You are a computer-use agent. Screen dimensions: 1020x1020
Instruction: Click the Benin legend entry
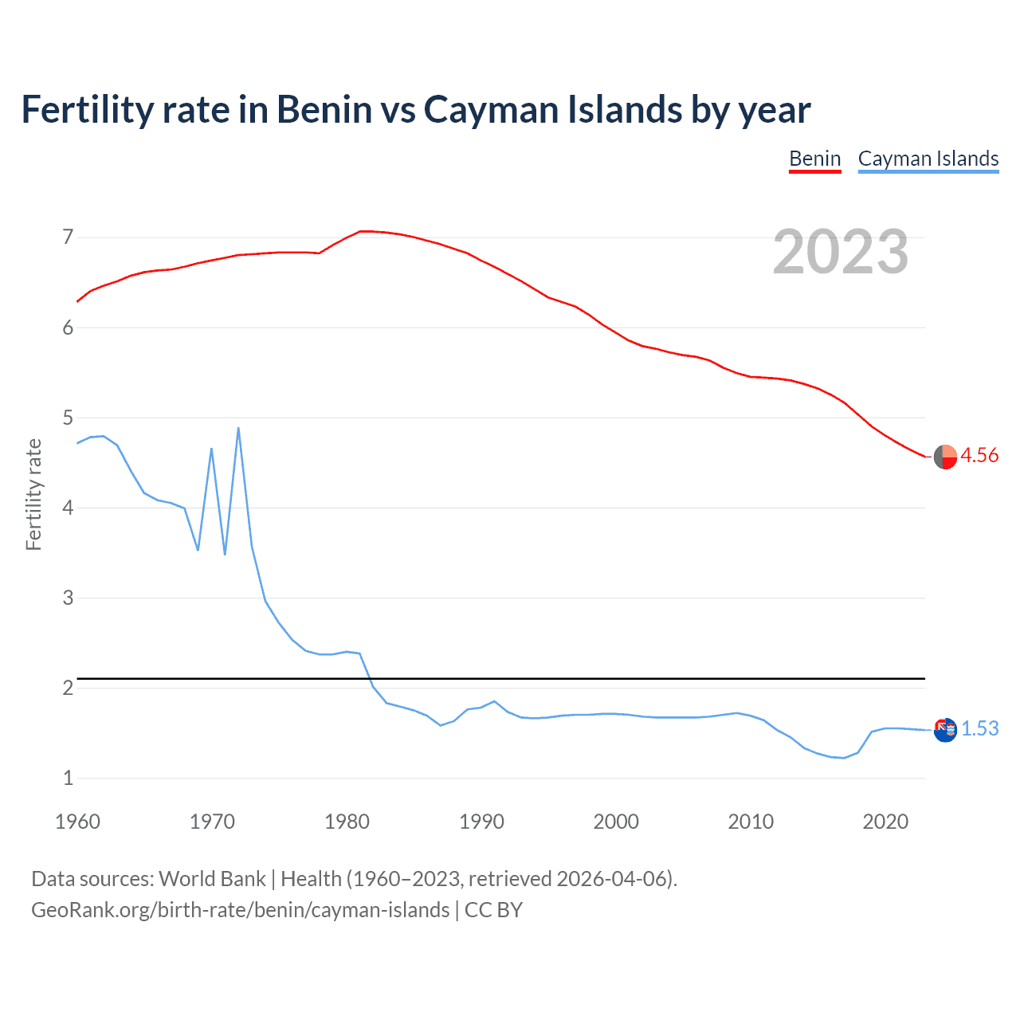pos(814,159)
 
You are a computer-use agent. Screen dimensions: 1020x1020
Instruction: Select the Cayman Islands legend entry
pos(928,159)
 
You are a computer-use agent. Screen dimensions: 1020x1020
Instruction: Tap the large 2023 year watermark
pos(840,252)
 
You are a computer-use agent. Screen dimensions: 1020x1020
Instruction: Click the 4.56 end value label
pos(979,455)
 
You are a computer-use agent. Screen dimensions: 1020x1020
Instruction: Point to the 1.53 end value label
pos(979,728)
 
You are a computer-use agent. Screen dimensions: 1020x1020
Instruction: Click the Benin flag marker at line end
pos(945,457)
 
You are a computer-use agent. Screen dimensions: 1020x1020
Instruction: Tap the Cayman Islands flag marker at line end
pos(945,729)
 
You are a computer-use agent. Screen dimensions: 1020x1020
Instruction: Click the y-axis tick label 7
pos(68,237)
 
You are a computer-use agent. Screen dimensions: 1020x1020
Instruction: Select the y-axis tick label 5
pos(68,418)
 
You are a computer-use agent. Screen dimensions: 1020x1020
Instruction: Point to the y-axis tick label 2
pos(68,688)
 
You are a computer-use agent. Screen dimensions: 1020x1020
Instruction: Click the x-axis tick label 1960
pos(77,822)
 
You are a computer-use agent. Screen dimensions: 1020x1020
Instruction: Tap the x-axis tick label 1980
pos(347,822)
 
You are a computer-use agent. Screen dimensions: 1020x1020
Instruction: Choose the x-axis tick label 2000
pos(616,822)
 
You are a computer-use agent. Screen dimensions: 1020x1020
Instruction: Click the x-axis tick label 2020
pos(885,822)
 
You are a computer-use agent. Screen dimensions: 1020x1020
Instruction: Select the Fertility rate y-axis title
pos(33,494)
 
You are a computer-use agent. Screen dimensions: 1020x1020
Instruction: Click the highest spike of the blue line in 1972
pos(238,429)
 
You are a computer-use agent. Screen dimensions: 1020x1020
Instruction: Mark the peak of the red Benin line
pos(363,231)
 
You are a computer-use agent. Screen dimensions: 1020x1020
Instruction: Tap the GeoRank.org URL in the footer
pos(240,910)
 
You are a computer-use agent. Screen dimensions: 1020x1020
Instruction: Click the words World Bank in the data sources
pos(212,879)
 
